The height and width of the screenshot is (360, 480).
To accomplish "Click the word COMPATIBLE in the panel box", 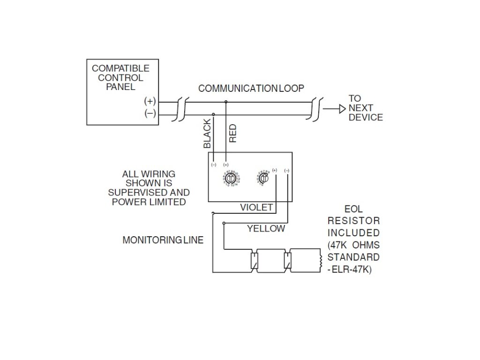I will click(120, 69).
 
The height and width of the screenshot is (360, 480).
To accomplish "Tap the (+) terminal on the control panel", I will click(150, 102).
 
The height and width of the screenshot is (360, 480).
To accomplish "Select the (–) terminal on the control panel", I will click(150, 113).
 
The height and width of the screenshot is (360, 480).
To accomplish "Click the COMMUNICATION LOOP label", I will click(251, 88).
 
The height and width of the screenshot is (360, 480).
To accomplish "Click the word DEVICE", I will click(366, 117).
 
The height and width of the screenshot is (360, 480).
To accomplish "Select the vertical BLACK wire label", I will click(208, 134).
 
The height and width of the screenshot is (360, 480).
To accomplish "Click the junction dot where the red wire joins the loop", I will click(226, 102).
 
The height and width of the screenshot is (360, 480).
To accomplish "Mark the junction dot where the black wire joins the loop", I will click(214, 114).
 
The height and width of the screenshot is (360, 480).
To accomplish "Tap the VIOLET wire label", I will click(256, 207).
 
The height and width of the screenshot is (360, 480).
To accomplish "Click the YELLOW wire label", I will click(266, 229).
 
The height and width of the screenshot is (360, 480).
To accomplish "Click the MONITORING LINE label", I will click(163, 240).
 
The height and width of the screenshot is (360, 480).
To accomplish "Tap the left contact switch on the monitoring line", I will click(254, 261).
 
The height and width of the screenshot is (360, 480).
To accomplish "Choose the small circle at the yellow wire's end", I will click(224, 223).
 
